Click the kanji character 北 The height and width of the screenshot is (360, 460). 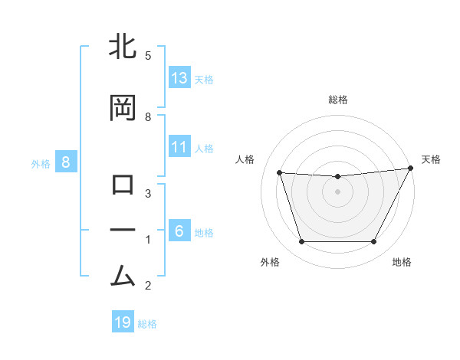tap(123, 47)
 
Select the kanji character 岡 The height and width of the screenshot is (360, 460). tap(123, 108)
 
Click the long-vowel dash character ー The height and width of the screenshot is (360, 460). tap(123, 231)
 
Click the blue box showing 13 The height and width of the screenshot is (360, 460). tap(179, 77)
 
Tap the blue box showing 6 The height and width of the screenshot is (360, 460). tap(179, 231)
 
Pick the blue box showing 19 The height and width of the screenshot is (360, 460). tap(123, 322)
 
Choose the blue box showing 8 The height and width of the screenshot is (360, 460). tap(66, 162)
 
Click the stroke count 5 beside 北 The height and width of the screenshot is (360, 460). tap(148, 56)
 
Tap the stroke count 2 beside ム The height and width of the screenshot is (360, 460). tap(148, 286)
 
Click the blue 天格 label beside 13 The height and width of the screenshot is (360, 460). tap(203, 79)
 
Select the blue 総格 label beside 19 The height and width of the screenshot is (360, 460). tap(147, 324)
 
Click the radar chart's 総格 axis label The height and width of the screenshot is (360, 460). tap(337, 100)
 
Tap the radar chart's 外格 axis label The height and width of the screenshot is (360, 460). tap(270, 263)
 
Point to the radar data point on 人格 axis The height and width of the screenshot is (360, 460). tap(279, 172)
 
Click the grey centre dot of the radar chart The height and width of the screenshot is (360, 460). tap(337, 191)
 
